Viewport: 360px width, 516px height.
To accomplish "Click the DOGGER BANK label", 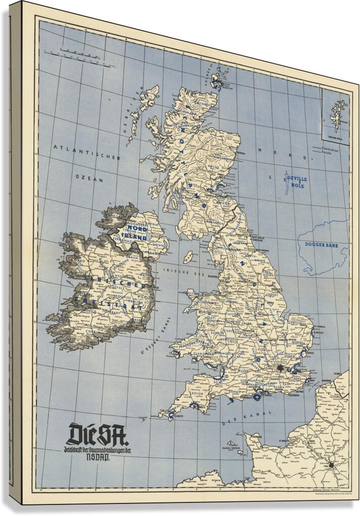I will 321,245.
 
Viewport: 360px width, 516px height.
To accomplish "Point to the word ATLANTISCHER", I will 87,153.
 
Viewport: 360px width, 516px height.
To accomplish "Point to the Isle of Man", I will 189,257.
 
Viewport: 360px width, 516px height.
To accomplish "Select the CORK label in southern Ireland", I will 91,331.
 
